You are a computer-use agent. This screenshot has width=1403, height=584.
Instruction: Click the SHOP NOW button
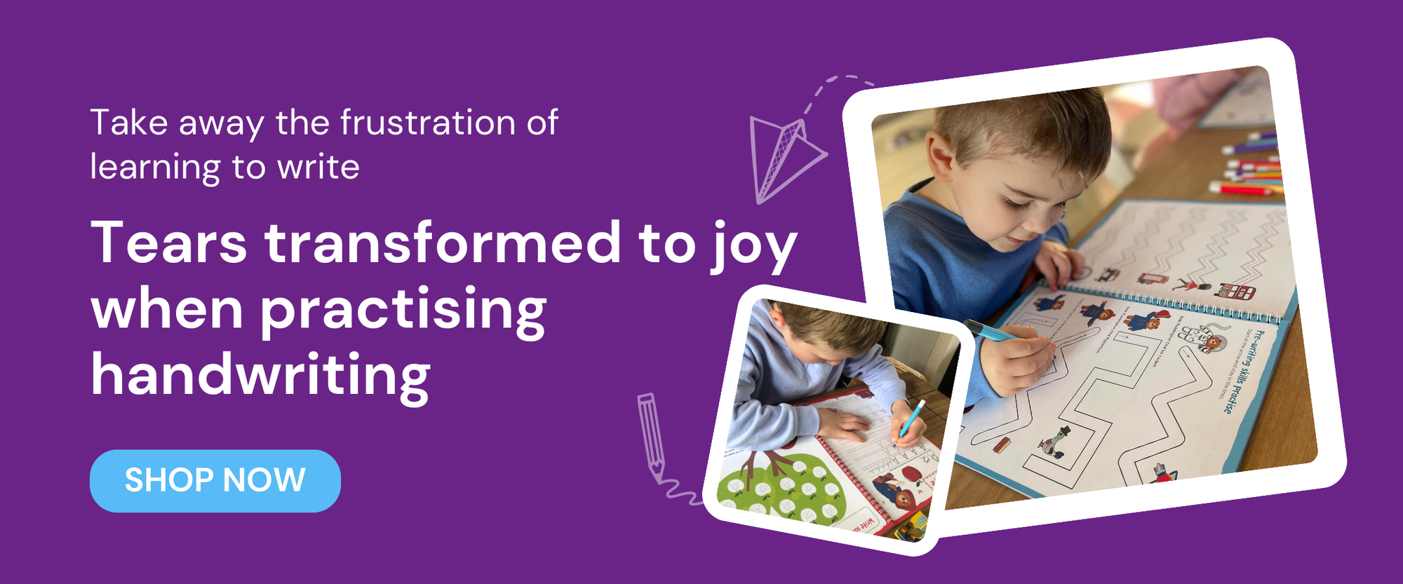click(215, 481)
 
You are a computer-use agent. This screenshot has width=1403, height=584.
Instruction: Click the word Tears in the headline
click(169, 243)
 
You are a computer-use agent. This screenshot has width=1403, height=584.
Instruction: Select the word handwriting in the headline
click(260, 376)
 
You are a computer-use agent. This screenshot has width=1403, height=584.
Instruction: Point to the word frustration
click(428, 123)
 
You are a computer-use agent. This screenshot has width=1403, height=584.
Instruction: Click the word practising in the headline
click(403, 310)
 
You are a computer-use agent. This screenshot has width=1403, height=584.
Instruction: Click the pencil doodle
click(651, 434)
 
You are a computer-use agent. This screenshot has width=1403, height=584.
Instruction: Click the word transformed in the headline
click(442, 243)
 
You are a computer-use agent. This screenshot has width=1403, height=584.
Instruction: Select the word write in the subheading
click(318, 167)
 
